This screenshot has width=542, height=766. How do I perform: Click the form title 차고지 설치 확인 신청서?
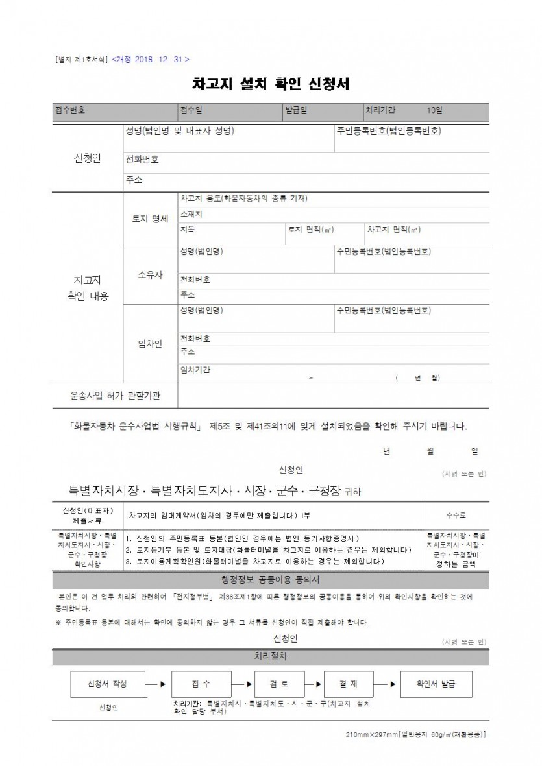pos(271,85)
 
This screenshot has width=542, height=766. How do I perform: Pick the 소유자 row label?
pos(150,274)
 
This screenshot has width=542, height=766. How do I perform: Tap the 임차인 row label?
pos(150,343)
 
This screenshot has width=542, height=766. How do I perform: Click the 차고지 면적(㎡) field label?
pos(393,230)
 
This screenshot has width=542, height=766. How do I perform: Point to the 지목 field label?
pos(188,230)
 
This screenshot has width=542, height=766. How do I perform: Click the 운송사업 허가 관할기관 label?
pos(115,394)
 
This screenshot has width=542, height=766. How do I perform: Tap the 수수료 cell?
pos(456,515)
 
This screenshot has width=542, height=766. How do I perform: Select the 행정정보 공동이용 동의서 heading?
pos(270,579)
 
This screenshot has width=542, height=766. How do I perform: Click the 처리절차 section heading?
pos(271,656)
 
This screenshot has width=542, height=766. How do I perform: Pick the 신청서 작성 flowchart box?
pos(107,684)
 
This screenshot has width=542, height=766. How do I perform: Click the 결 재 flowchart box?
pos(348,684)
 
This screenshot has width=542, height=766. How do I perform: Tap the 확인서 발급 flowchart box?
pos(436,684)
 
